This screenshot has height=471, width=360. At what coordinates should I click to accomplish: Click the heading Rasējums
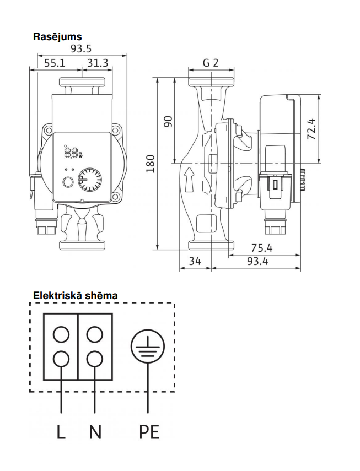pyautogui.click(x=57, y=37)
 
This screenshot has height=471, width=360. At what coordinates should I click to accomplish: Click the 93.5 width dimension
pyautogui.click(x=81, y=48)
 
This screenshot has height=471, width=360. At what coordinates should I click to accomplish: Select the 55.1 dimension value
pyautogui.click(x=55, y=63)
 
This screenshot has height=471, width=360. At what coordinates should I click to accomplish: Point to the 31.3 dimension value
pyautogui.click(x=98, y=63)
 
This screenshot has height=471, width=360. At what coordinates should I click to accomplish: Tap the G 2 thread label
pyautogui.click(x=211, y=63)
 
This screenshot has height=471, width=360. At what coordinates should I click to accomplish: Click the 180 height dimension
pyautogui.click(x=151, y=164)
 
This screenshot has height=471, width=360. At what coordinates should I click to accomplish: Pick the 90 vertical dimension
pyautogui.click(x=169, y=121)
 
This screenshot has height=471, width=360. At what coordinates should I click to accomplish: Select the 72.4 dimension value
pyautogui.click(x=311, y=129)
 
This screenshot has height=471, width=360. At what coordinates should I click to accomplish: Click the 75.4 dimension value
pyautogui.click(x=262, y=248)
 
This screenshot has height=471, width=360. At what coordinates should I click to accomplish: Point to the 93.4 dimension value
pyautogui.click(x=257, y=261)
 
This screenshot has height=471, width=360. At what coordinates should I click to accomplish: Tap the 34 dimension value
pyautogui.click(x=195, y=261)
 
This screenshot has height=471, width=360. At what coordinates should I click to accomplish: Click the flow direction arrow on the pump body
pyautogui.click(x=189, y=180)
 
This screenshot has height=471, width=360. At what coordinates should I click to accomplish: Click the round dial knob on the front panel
pyautogui.click(x=89, y=180)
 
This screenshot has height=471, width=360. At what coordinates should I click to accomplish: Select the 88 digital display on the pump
pyautogui.click(x=71, y=152)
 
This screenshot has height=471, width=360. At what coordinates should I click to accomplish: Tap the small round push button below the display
pyautogui.click(x=68, y=182)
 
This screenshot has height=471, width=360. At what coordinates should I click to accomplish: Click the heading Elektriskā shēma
pyautogui.click(x=75, y=296)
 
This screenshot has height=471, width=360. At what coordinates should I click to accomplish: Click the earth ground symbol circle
pyautogui.click(x=148, y=347)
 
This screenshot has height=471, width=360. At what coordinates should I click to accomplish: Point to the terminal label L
pyautogui.click(x=61, y=432)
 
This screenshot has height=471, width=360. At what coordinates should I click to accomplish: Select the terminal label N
pyautogui.click(x=95, y=432)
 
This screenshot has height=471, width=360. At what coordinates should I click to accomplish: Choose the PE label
pyautogui.click(x=149, y=432)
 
